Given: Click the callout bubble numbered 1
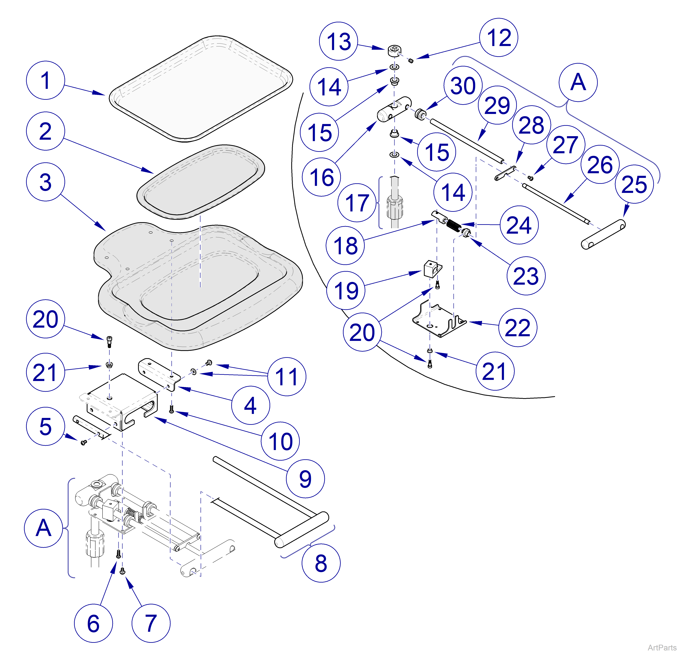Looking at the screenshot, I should pos(45,80).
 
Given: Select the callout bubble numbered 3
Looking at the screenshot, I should pos(45,182).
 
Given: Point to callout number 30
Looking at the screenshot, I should pos(463,86).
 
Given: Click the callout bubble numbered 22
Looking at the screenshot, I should pos(517,327).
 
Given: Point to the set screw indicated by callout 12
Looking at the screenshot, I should pos(411,61).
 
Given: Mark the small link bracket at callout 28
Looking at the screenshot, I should pos(505,173).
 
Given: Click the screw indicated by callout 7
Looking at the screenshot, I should pos(122,571).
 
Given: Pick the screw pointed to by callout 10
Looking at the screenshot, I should pos(171,409).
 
